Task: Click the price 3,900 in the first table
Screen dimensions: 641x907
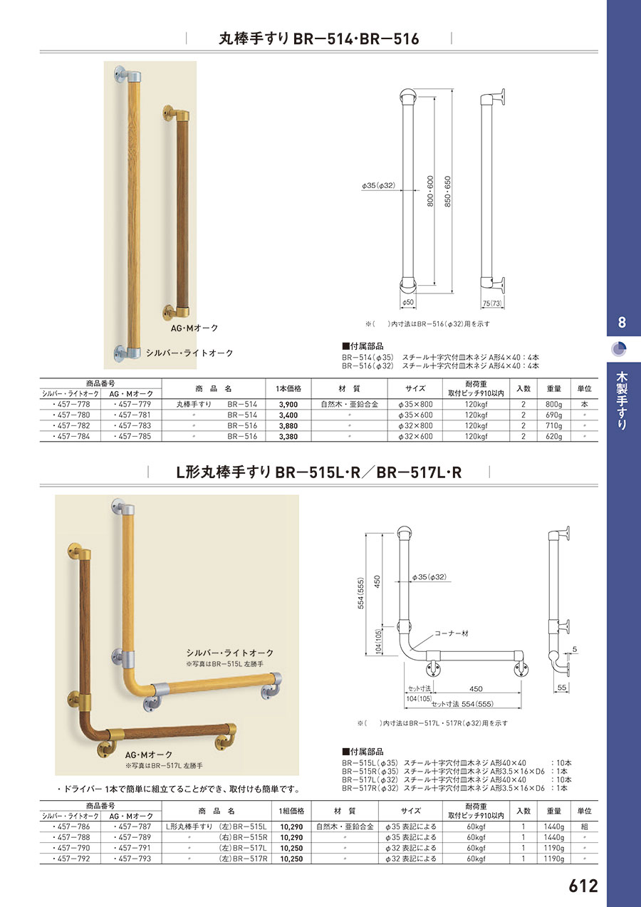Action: click(288, 405)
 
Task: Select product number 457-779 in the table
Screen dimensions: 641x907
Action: click(132, 404)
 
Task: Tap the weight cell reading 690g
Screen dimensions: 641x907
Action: click(554, 415)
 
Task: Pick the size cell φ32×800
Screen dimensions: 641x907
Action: click(415, 425)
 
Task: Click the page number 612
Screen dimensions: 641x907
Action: click(583, 886)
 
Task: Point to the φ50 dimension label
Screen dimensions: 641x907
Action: click(408, 303)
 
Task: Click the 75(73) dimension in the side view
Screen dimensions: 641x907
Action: click(491, 303)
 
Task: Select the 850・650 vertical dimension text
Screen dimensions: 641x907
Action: click(447, 192)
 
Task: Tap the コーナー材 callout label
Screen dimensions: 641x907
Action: click(452, 633)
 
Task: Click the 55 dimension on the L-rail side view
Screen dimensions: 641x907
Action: click(562, 687)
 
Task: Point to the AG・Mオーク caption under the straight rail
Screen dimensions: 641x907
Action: click(194, 328)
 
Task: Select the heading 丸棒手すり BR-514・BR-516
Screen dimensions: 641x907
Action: click(319, 39)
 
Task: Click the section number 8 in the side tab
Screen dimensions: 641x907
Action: click(622, 323)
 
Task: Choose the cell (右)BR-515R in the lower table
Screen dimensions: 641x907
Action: click(243, 837)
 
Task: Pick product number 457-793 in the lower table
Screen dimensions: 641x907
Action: click(132, 858)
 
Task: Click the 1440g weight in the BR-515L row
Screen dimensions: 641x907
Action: click(554, 826)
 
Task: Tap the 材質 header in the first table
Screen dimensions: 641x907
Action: click(349, 389)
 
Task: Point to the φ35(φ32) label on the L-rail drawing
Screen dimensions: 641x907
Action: click(429, 577)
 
